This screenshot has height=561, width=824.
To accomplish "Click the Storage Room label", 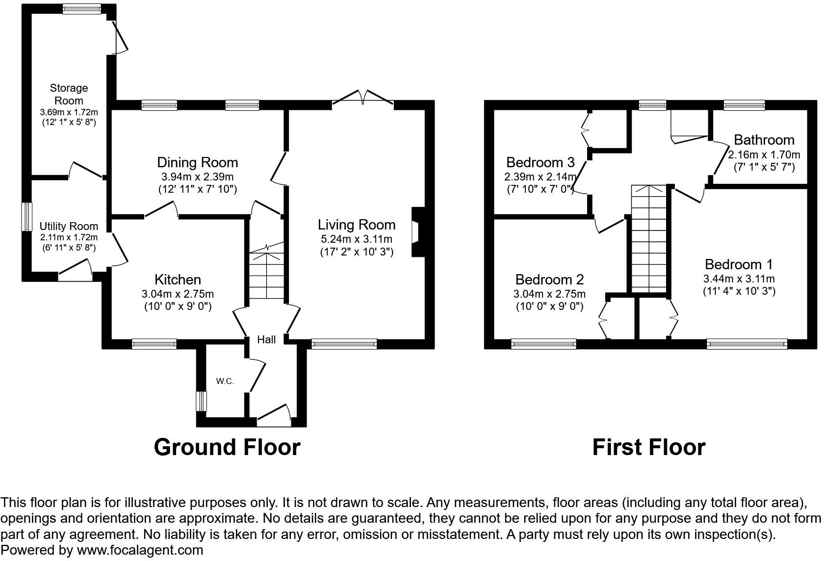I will click(x=69, y=94).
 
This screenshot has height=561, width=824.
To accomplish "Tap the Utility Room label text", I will click(x=69, y=227).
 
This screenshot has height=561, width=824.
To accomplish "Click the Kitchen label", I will click(x=178, y=280).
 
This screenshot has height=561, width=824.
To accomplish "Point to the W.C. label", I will click(x=225, y=381).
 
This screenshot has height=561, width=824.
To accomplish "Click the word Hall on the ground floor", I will click(x=266, y=339).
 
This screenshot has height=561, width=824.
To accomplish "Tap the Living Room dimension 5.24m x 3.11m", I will click(x=356, y=239).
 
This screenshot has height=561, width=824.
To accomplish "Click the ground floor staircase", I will click(x=266, y=275).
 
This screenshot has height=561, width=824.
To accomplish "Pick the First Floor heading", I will click(x=648, y=447).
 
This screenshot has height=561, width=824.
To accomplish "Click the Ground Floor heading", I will click(x=227, y=447).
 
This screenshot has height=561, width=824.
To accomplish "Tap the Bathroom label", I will click(x=764, y=140).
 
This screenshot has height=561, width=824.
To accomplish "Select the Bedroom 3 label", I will click(x=540, y=162).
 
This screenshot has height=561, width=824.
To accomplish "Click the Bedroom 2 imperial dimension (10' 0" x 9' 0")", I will click(x=549, y=306).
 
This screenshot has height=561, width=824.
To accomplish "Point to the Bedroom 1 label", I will click(x=739, y=264).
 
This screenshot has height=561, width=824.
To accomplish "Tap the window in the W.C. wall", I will click(x=200, y=401).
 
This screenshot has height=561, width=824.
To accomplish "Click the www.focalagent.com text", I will click(x=140, y=550).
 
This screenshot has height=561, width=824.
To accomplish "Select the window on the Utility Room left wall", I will click(x=27, y=216).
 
